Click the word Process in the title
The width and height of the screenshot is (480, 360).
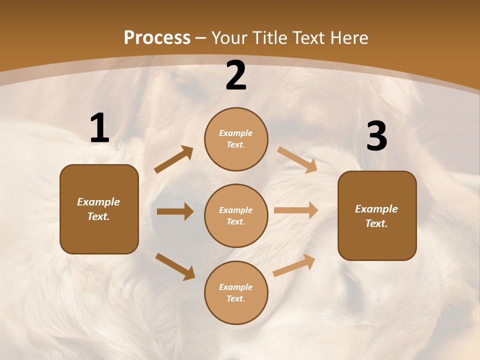[x=157, y=37]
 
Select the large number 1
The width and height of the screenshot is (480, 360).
[x=99, y=128]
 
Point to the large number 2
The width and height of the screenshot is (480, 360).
[x=236, y=76]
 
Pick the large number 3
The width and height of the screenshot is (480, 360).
[x=376, y=136]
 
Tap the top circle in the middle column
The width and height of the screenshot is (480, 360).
[x=236, y=139]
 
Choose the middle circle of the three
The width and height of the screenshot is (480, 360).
[x=236, y=215]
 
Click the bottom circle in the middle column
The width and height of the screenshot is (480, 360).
[x=236, y=292]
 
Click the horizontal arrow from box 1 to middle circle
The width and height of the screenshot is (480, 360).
[x=175, y=211]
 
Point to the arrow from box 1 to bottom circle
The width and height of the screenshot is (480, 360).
[x=175, y=266]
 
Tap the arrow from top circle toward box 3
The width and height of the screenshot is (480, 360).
[x=297, y=159]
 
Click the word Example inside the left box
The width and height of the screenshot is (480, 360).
[x=98, y=202]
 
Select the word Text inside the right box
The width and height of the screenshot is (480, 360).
[x=375, y=223]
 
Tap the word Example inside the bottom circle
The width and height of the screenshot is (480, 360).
[x=235, y=287]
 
